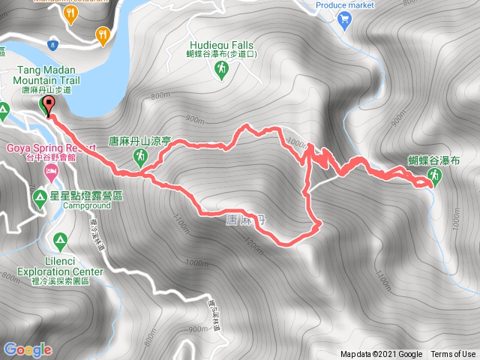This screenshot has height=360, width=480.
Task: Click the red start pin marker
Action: tap(49, 106)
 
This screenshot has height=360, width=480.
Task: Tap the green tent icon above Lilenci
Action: tap(59, 241)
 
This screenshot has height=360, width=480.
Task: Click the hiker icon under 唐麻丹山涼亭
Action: tap(140, 156)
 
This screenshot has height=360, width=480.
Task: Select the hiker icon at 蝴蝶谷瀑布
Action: tap(433, 176)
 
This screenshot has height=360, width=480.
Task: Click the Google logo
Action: tap(28, 349)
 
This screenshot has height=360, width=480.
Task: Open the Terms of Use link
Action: tap(452, 355)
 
